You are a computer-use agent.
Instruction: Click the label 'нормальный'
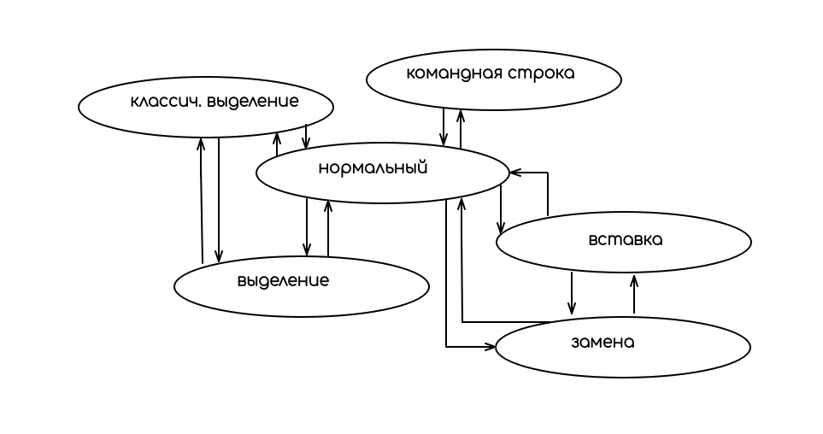[x=372, y=168]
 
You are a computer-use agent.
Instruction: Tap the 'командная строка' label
[x=491, y=73]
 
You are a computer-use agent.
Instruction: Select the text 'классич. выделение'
[x=215, y=102]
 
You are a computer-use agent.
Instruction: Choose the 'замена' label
[x=603, y=343]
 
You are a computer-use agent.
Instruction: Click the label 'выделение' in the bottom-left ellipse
[x=283, y=280]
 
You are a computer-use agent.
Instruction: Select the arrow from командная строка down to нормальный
[x=444, y=126]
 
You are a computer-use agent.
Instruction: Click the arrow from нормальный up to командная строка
[x=461, y=128]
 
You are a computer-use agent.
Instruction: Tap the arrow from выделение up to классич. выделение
[x=202, y=201]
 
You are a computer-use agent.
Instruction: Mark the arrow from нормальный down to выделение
[x=307, y=226]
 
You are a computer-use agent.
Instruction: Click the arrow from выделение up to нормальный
[x=328, y=228]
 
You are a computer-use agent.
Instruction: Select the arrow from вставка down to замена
[x=572, y=293]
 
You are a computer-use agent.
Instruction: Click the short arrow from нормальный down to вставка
[x=501, y=209]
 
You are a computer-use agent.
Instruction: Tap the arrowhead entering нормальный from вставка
[x=515, y=173]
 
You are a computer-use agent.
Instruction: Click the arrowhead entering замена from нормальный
[x=490, y=347]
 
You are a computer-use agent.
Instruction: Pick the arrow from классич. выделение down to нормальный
[x=306, y=136]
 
